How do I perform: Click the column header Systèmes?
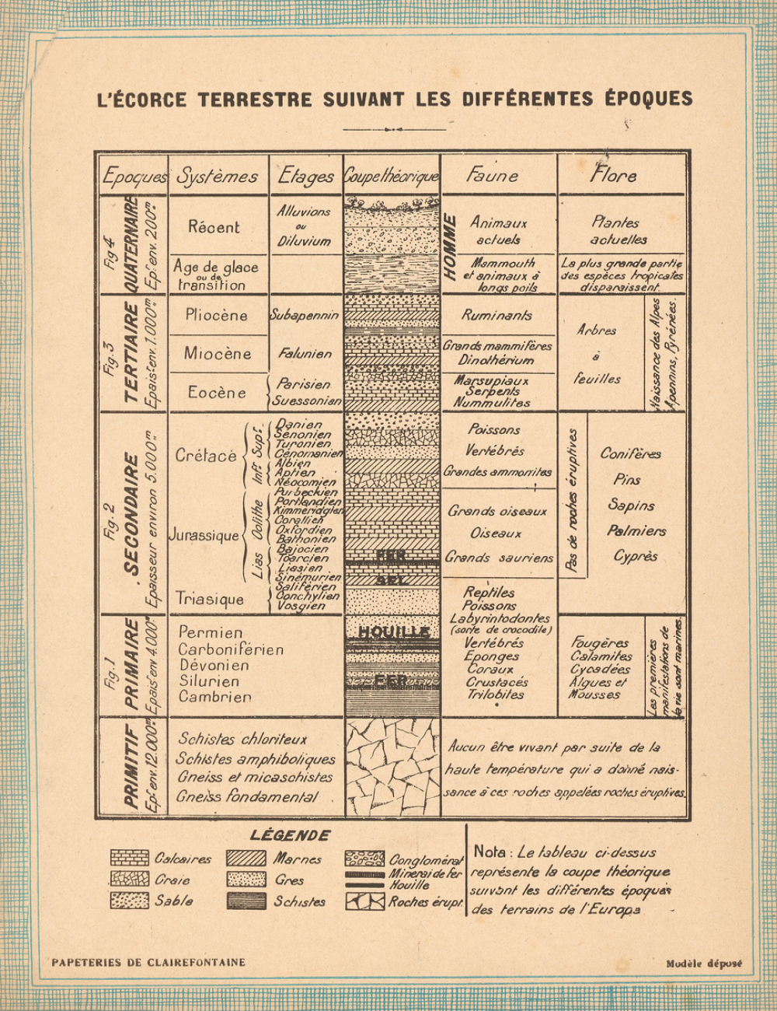218,177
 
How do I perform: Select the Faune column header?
492,176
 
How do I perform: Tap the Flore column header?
613,176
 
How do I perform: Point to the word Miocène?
218,354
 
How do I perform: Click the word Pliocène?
217,315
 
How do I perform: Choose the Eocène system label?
217,393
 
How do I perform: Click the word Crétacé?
206,456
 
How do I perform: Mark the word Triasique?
209,599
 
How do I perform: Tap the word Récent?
214,227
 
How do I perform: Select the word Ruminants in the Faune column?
497,315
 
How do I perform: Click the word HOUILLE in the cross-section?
393,631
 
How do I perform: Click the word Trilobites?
496,694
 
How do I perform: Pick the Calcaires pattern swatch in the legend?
129,859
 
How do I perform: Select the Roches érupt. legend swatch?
365,902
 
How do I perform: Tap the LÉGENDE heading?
290,835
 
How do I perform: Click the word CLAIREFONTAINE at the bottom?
197,962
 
